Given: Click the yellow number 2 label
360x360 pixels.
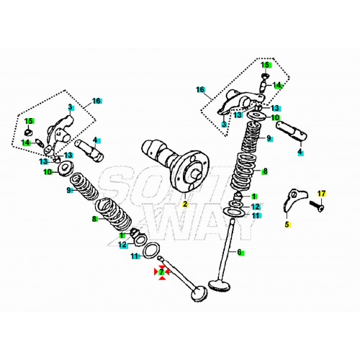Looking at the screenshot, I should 184,204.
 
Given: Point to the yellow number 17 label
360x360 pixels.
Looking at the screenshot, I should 322,194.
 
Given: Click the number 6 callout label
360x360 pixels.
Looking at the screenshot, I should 240,253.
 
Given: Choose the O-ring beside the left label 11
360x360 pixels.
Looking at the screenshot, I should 151,251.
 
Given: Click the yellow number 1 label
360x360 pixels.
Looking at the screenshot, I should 254,196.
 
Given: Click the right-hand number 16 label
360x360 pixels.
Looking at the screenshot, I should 201,91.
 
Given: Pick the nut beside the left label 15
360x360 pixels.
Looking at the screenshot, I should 28,133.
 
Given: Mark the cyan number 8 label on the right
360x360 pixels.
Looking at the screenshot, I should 264,171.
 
